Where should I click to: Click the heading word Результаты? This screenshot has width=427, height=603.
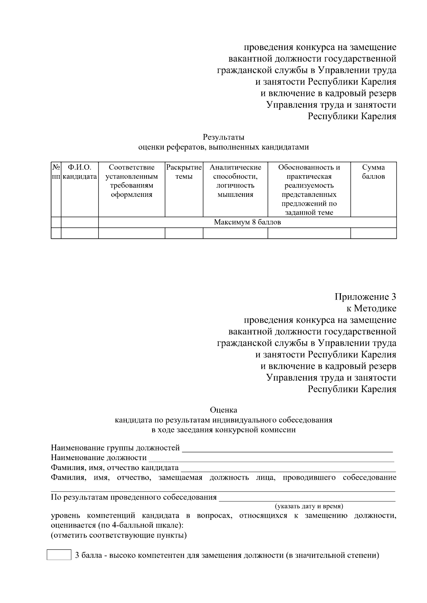(223, 137)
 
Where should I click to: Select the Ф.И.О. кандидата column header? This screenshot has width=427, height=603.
(80, 172)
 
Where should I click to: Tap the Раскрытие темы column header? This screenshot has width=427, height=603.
(184, 172)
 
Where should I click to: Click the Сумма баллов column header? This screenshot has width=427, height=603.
(373, 172)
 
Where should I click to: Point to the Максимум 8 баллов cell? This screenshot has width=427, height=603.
(247, 222)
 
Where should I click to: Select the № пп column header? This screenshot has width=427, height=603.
(56, 172)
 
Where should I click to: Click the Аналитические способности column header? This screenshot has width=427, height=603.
(235, 181)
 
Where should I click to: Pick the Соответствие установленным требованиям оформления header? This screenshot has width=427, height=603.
(132, 181)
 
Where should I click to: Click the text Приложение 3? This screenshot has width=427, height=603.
(365, 297)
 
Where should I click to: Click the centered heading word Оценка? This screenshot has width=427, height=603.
(223, 410)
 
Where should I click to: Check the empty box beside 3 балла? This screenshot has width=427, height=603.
(59, 555)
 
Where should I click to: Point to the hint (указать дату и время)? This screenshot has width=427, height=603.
(309, 506)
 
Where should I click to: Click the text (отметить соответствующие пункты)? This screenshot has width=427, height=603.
(119, 535)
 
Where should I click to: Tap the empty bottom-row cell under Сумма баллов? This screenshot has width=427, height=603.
(373, 233)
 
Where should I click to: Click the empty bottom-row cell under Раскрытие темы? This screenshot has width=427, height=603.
(184, 233)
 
